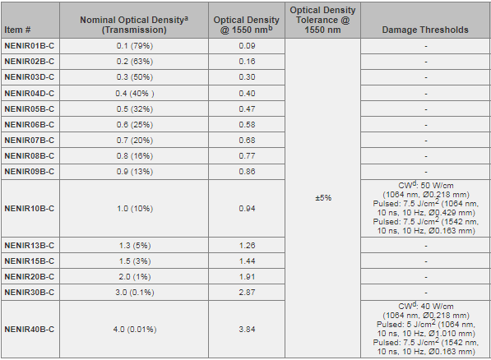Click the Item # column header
tap(17, 30)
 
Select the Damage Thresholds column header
tap(425, 30)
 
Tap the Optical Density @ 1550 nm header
tap(247, 25)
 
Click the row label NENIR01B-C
tap(29, 46)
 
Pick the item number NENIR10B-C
tap(29, 209)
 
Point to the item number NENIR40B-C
tap(29, 330)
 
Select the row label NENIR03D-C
tap(29, 77)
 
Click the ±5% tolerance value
tap(323, 198)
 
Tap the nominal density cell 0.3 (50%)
tap(135, 77)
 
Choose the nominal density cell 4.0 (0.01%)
tap(135, 330)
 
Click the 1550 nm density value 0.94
tap(247, 209)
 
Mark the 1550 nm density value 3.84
tap(247, 330)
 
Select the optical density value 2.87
tap(247, 293)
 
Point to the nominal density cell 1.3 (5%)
tap(135, 246)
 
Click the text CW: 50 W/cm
tap(425, 185)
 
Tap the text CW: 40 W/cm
tap(425, 306)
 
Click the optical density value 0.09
tap(247, 46)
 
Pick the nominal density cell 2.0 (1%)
tap(135, 277)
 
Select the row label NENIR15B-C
tap(29, 261)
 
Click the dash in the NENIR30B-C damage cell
tap(426, 293)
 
